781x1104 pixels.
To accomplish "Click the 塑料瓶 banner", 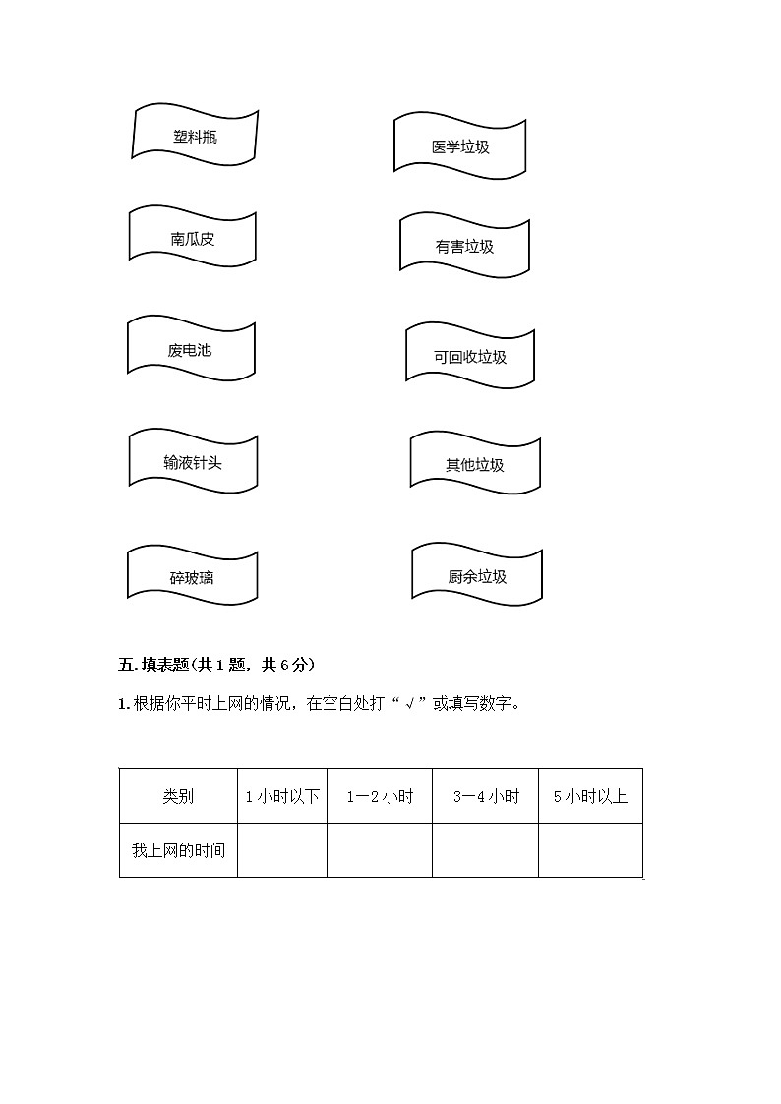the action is [x=195, y=136].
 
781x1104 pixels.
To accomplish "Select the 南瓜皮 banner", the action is [x=193, y=238].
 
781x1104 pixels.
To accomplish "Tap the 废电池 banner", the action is [x=191, y=349].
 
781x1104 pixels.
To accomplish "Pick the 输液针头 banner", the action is [x=193, y=461].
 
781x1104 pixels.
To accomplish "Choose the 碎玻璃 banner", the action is [x=192, y=576].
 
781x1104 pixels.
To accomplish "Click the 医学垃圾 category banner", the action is [x=459, y=146].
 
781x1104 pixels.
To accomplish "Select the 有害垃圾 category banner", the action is [x=464, y=246].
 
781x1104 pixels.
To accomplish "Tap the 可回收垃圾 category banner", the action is [x=470, y=356].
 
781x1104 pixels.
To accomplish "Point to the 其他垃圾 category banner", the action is [x=475, y=464].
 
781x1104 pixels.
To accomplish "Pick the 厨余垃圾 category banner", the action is [x=477, y=576].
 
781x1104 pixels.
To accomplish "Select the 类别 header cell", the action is [x=178, y=796].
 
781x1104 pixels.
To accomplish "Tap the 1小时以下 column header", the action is [x=282, y=796].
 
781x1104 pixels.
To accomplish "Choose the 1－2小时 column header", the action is [x=380, y=796].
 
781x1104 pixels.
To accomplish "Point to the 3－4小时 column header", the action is [x=485, y=796].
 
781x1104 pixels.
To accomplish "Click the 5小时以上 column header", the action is [x=590, y=796].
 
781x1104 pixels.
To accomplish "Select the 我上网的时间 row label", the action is [x=178, y=850].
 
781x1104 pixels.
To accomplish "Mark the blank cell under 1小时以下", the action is [x=282, y=850].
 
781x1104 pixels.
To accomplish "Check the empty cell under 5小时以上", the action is [x=590, y=850].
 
